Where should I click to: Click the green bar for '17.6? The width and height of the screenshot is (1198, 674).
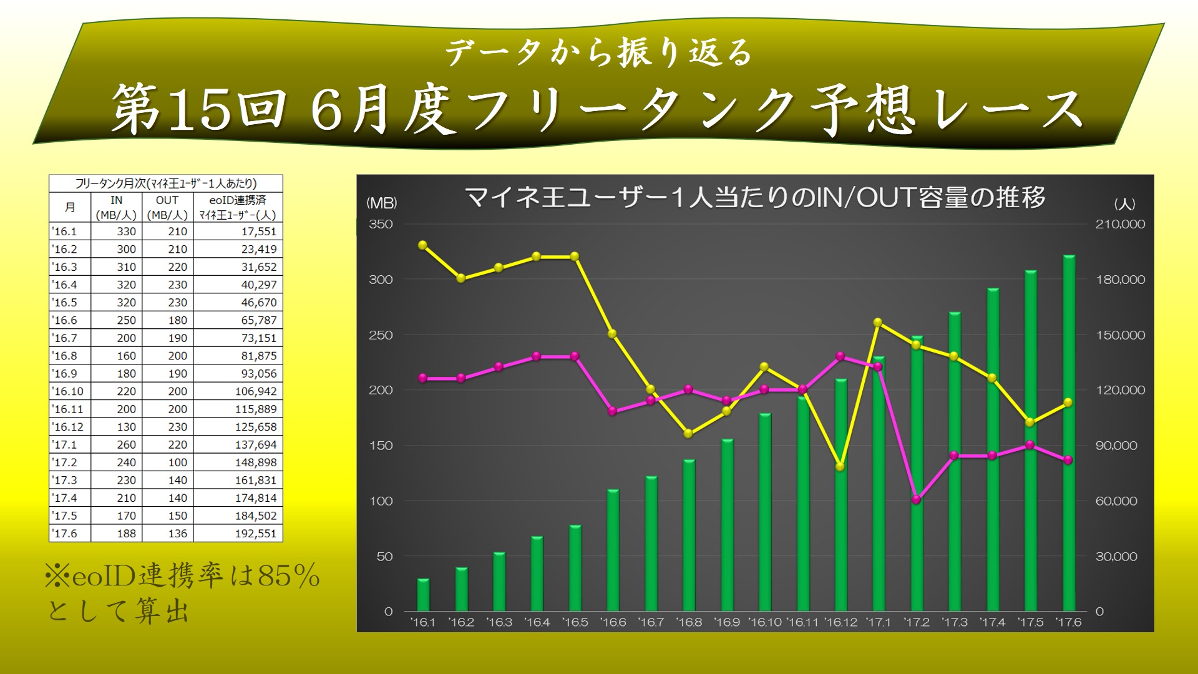1068,433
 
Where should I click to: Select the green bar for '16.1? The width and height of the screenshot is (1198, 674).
423,595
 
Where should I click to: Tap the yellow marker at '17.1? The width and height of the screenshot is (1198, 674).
878,323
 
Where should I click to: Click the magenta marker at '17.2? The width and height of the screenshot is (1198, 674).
916,500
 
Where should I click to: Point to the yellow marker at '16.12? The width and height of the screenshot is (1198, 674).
840,467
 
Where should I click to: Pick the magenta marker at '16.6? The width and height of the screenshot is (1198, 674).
613,411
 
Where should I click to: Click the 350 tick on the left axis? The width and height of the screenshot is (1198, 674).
381,224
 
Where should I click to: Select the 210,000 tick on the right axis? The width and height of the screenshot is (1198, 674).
1121,224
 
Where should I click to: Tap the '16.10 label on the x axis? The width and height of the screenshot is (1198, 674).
765,622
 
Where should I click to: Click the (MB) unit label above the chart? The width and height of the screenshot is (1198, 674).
381,203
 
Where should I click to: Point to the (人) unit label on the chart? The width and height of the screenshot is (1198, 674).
1124,204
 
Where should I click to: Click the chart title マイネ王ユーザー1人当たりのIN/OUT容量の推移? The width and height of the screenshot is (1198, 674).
755,197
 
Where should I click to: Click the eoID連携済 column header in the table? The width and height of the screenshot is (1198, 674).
237,200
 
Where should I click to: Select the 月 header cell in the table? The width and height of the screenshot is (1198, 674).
70,207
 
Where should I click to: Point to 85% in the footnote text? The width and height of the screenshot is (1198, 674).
288,576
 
